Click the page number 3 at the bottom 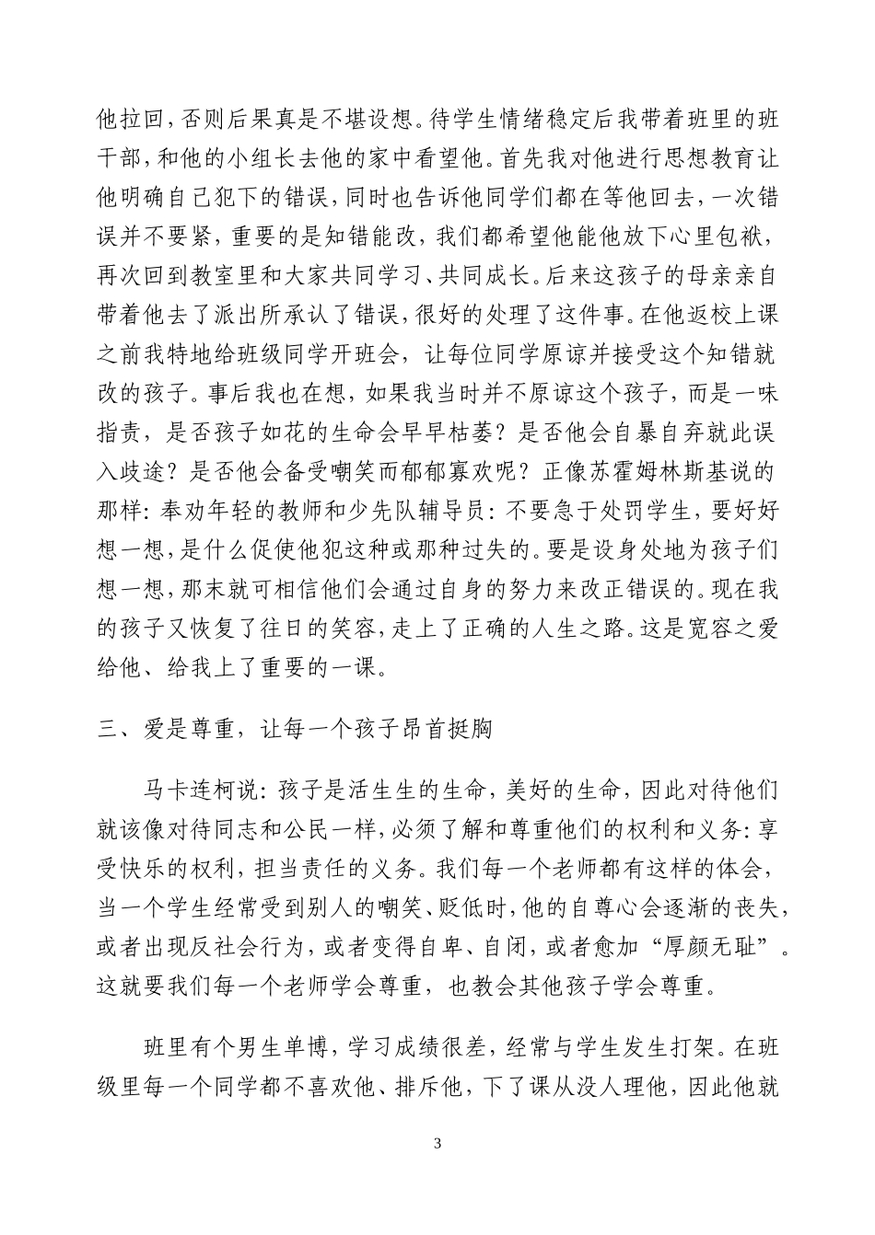point(437,1145)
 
